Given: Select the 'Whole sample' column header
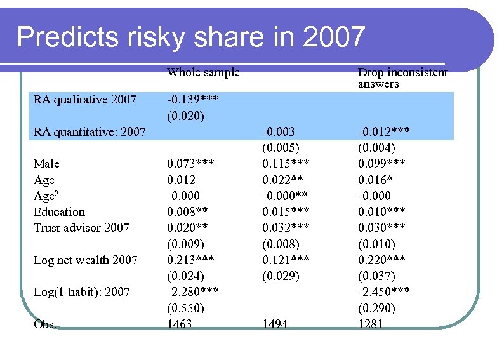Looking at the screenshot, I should (x=203, y=72).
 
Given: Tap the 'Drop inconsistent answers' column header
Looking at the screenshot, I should (x=402, y=78).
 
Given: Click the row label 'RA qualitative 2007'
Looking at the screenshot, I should (x=84, y=100).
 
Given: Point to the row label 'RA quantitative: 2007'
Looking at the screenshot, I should (x=90, y=132).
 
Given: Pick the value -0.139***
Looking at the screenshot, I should (x=194, y=100).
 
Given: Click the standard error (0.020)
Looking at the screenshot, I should (x=185, y=116).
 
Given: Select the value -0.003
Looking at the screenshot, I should (x=278, y=132).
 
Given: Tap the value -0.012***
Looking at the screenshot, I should (x=383, y=132).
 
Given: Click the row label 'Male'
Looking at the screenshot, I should (x=46, y=164).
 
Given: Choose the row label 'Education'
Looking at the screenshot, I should (x=59, y=212).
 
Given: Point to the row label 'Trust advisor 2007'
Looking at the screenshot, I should (x=81, y=228).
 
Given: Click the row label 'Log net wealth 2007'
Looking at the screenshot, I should (x=85, y=260).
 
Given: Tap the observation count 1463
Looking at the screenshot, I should (x=180, y=324).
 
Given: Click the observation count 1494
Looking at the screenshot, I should (x=275, y=324).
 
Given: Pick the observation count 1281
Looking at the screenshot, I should (x=371, y=324).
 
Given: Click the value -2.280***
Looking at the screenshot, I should (x=194, y=292).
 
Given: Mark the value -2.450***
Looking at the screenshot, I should (x=383, y=292).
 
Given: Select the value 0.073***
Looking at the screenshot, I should (x=190, y=164).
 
